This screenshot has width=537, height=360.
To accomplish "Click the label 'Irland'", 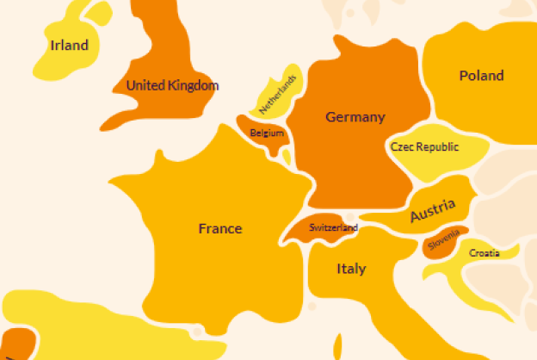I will pyautogui.click(x=69, y=45).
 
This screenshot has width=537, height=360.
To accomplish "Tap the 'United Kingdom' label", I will pyautogui.click(x=172, y=85).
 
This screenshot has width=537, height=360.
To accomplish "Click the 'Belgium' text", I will pyautogui.click(x=267, y=133).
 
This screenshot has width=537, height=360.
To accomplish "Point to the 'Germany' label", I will pyautogui.click(x=355, y=117).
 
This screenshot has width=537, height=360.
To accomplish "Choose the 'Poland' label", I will pyautogui.click(x=481, y=76).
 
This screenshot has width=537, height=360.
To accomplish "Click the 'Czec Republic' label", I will pyautogui.click(x=424, y=147).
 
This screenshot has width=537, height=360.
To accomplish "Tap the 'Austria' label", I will pyautogui.click(x=432, y=210).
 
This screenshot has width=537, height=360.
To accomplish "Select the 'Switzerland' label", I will pyautogui.click(x=333, y=228).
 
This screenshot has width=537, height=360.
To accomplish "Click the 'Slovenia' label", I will pyautogui.click(x=443, y=240).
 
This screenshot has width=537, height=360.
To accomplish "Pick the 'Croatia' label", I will pyautogui.click(x=485, y=252).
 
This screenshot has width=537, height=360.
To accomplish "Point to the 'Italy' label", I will pyautogui.click(x=350, y=269).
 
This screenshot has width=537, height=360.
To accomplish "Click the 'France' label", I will pyautogui.click(x=220, y=228).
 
